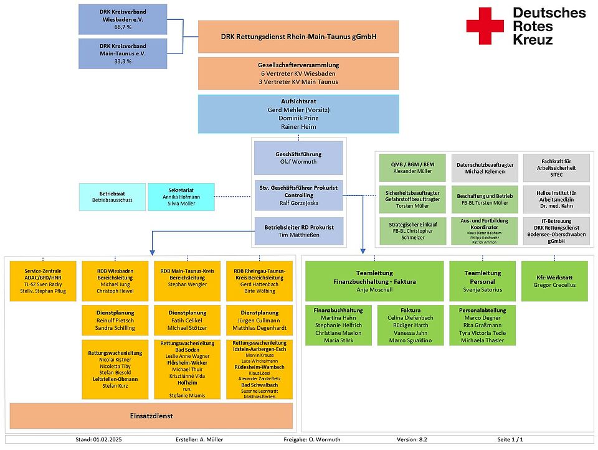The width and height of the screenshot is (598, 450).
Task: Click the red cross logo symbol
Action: click(486, 26)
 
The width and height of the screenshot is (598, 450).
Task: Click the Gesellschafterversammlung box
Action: click(298, 73)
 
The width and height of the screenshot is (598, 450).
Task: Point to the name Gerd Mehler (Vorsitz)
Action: click(298, 110)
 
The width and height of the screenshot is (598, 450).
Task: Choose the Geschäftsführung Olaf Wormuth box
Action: click(298, 157)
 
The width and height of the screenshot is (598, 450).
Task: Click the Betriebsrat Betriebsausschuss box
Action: click(112, 196)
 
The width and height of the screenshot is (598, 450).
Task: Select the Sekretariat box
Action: click(181, 196)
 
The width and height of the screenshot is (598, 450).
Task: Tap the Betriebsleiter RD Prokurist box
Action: click(298, 231)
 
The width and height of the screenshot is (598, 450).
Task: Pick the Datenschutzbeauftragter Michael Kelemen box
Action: click(485, 168)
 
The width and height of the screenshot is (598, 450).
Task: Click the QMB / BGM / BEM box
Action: click(412, 168)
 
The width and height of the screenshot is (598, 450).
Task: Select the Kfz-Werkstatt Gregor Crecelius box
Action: click(556, 281)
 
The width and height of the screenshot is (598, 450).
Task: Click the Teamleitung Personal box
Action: click(483, 281)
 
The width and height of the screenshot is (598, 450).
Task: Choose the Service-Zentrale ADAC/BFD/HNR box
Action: click(43, 280)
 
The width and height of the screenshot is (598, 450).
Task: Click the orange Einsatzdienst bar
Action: click(151, 416)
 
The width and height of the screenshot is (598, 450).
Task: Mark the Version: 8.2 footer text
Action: click(412, 439)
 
